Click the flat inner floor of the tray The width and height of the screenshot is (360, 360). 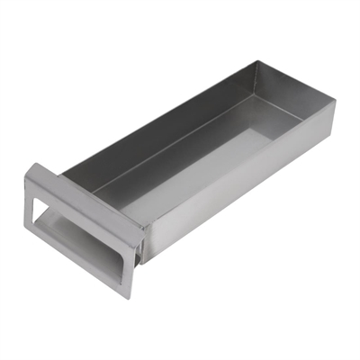(x=216, y=153)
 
